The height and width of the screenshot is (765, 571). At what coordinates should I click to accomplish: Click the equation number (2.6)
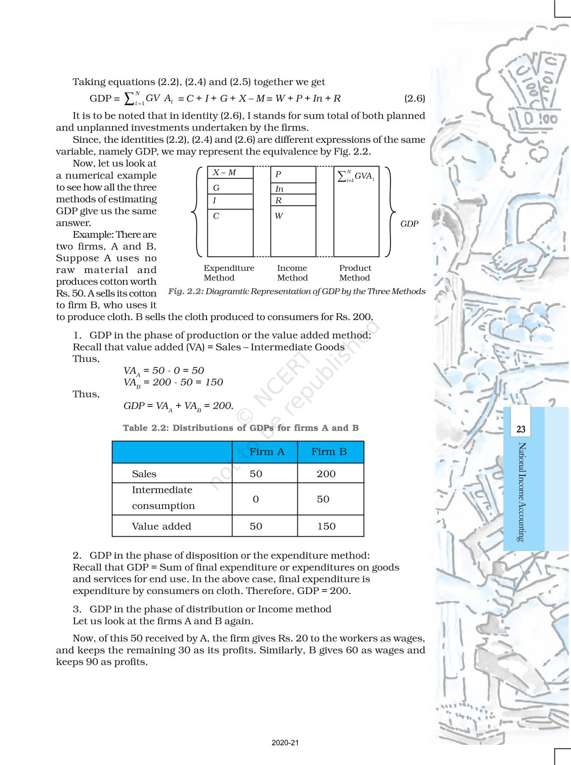pyautogui.click(x=414, y=98)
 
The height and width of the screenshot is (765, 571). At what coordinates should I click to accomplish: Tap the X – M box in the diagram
pyautogui.click(x=230, y=173)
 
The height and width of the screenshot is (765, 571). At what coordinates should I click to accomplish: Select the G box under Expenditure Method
pyautogui.click(x=230, y=188)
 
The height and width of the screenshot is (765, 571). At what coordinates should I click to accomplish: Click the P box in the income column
pyautogui.click(x=293, y=175)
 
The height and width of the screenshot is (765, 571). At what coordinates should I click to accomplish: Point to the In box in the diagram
pyautogui.click(x=293, y=189)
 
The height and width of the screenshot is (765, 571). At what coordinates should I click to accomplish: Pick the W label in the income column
pyautogui.click(x=279, y=216)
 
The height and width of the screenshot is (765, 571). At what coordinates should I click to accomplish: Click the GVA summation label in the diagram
pyautogui.click(x=356, y=176)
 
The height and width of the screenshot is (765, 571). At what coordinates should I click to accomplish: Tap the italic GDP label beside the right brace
pyautogui.click(x=409, y=224)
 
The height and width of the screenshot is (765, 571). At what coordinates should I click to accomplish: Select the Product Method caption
pyautogui.click(x=355, y=273)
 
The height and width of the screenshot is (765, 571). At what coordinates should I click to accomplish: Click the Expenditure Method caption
pyautogui.click(x=228, y=273)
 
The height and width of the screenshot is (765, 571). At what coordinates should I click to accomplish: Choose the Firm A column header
pyautogui.click(x=266, y=452)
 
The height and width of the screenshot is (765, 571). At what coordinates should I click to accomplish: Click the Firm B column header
pyautogui.click(x=329, y=452)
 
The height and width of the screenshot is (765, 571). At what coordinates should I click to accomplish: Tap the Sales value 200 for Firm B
pyautogui.click(x=326, y=474)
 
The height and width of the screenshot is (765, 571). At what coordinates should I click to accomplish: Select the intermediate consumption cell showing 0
pyautogui.click(x=256, y=499)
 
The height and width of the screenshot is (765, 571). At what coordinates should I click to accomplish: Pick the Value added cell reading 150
pyautogui.click(x=326, y=526)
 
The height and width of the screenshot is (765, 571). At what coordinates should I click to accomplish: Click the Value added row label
pyautogui.click(x=161, y=526)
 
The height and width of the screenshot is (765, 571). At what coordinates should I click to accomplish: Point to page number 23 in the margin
pyautogui.click(x=520, y=429)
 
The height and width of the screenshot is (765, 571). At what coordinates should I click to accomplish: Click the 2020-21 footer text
pyautogui.click(x=285, y=743)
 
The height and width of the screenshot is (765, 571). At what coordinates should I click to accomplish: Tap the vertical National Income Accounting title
pyautogui.click(x=521, y=492)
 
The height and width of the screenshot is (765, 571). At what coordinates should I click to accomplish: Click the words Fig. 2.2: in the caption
pyautogui.click(x=186, y=291)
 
